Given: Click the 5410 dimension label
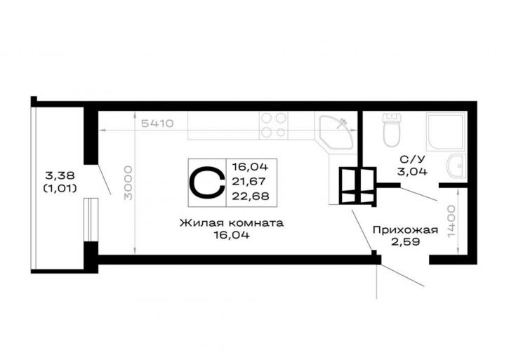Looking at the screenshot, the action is [x=157, y=124].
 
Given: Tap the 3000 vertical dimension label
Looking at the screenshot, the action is [x=128, y=182].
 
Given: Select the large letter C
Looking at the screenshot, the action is [x=207, y=182].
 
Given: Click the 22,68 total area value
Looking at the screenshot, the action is [x=250, y=196].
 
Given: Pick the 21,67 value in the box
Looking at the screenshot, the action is [x=249, y=182].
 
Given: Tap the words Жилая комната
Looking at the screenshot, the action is [x=232, y=223].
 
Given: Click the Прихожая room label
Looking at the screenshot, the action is [x=406, y=230].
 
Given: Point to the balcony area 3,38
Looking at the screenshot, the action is [x=60, y=175].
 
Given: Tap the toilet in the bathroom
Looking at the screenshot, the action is [x=391, y=130].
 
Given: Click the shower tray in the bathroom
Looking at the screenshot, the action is [x=446, y=132].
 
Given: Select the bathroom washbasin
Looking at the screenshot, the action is [x=456, y=166].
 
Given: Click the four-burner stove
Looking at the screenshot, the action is [x=273, y=126].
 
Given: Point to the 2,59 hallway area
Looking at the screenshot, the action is [x=406, y=242].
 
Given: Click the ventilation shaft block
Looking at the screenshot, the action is [x=358, y=186].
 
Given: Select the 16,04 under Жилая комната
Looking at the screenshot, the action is [x=232, y=235].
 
